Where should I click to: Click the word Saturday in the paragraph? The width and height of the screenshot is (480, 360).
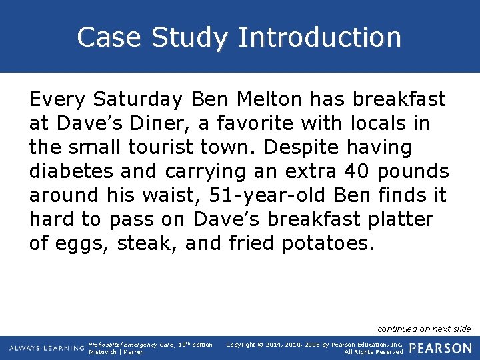tap(137, 100)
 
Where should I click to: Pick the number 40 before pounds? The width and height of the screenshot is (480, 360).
tap(353, 171)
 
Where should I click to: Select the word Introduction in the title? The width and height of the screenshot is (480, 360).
tap(319, 37)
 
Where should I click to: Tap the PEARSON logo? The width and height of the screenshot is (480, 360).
tap(440, 348)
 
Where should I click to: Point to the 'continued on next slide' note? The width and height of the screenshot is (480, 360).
tap(424, 329)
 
